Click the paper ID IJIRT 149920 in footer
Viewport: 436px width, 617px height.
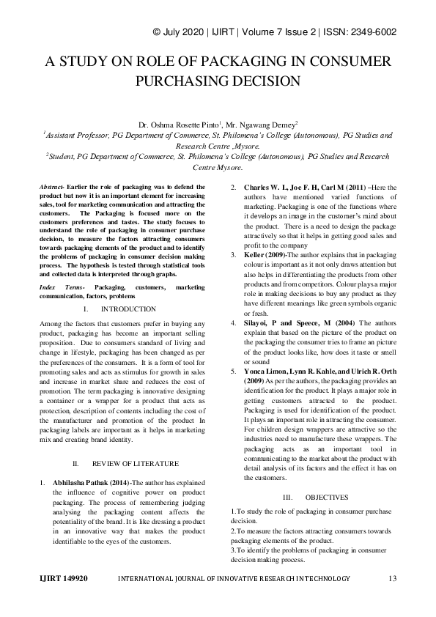[x=63, y=578]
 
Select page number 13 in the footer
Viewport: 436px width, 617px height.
[x=392, y=578]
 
